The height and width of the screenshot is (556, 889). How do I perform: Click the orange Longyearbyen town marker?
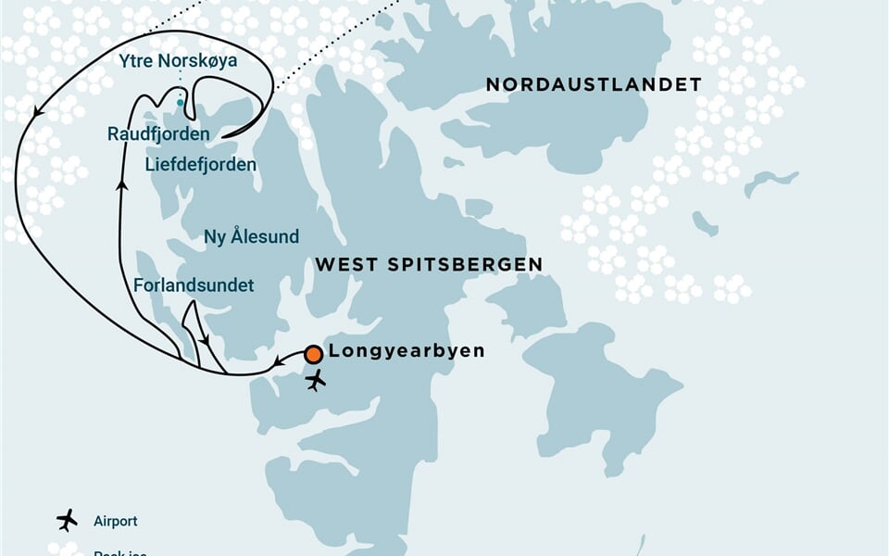click(314, 353)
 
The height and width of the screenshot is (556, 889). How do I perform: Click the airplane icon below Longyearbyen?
click(316, 380)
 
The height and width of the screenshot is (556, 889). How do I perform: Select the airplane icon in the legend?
click(67, 520)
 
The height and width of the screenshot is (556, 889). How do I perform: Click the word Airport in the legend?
click(115, 522)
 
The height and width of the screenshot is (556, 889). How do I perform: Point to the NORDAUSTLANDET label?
click(594, 85)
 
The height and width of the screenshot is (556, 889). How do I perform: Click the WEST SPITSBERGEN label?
click(429, 265)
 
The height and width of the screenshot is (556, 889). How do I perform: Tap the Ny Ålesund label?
click(251, 236)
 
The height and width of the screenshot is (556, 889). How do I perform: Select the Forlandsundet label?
click(194, 285)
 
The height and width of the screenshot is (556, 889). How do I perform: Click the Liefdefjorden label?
click(201, 164)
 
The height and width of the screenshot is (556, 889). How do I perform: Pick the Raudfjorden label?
click(158, 134)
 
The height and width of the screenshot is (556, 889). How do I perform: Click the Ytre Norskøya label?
click(179, 62)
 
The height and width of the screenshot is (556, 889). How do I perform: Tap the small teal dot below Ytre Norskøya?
click(181, 103)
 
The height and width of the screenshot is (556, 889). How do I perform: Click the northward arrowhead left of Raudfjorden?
click(121, 183)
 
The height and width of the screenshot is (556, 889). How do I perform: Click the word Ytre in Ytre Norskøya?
click(136, 62)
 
